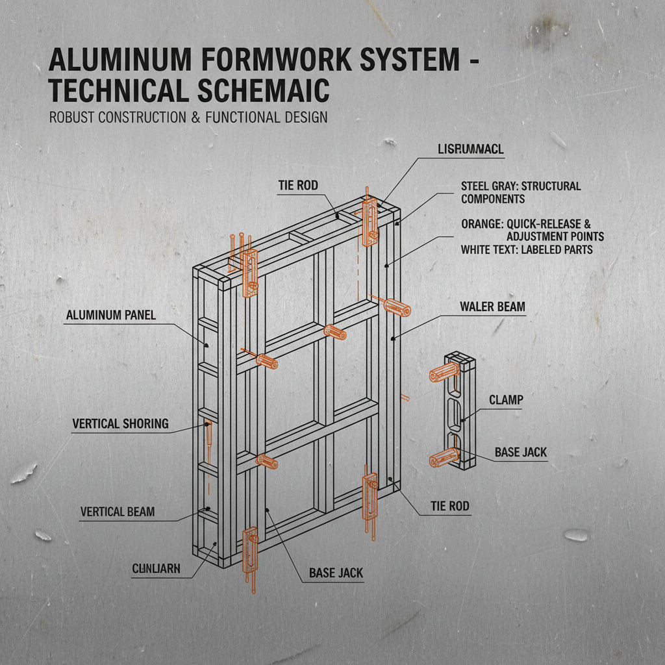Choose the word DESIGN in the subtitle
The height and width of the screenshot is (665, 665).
(x=305, y=118)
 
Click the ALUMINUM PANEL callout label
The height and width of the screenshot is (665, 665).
(x=111, y=315)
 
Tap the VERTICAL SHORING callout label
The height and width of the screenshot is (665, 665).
(x=120, y=424)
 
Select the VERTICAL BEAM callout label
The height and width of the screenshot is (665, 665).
(x=118, y=512)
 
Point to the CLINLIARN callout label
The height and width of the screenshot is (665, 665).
(x=156, y=570)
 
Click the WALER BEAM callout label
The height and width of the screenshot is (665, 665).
(x=492, y=307)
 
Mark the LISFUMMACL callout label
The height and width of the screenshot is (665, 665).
(x=471, y=150)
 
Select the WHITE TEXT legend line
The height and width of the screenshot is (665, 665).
(x=526, y=249)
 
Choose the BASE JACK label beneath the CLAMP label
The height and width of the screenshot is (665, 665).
(x=521, y=452)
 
